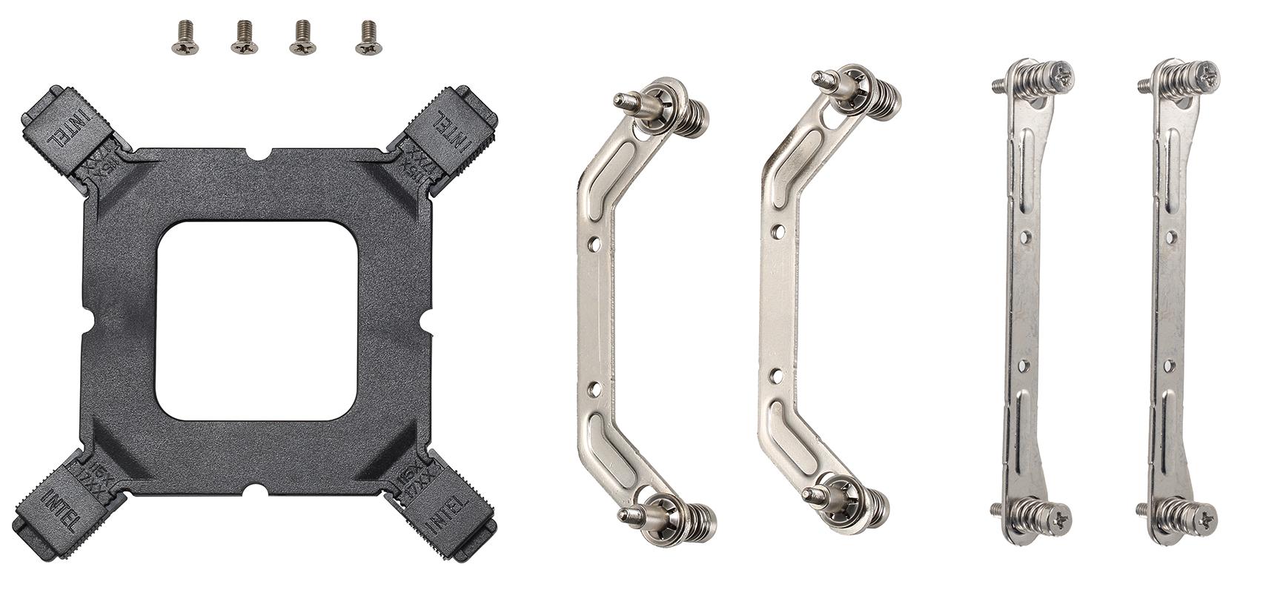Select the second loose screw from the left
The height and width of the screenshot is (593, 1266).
pyautogui.click(x=244, y=39)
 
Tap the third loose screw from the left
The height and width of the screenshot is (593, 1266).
pyautogui.click(x=302, y=39)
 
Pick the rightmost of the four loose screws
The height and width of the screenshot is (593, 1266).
pyautogui.click(x=368, y=39)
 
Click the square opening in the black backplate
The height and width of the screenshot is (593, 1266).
pyautogui.click(x=258, y=320)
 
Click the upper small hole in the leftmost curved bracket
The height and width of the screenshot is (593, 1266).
pyautogui.click(x=592, y=242)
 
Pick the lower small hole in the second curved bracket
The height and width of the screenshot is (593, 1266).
pyautogui.click(x=775, y=375)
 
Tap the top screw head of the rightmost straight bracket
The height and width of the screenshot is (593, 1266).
pyautogui.click(x=1204, y=76)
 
